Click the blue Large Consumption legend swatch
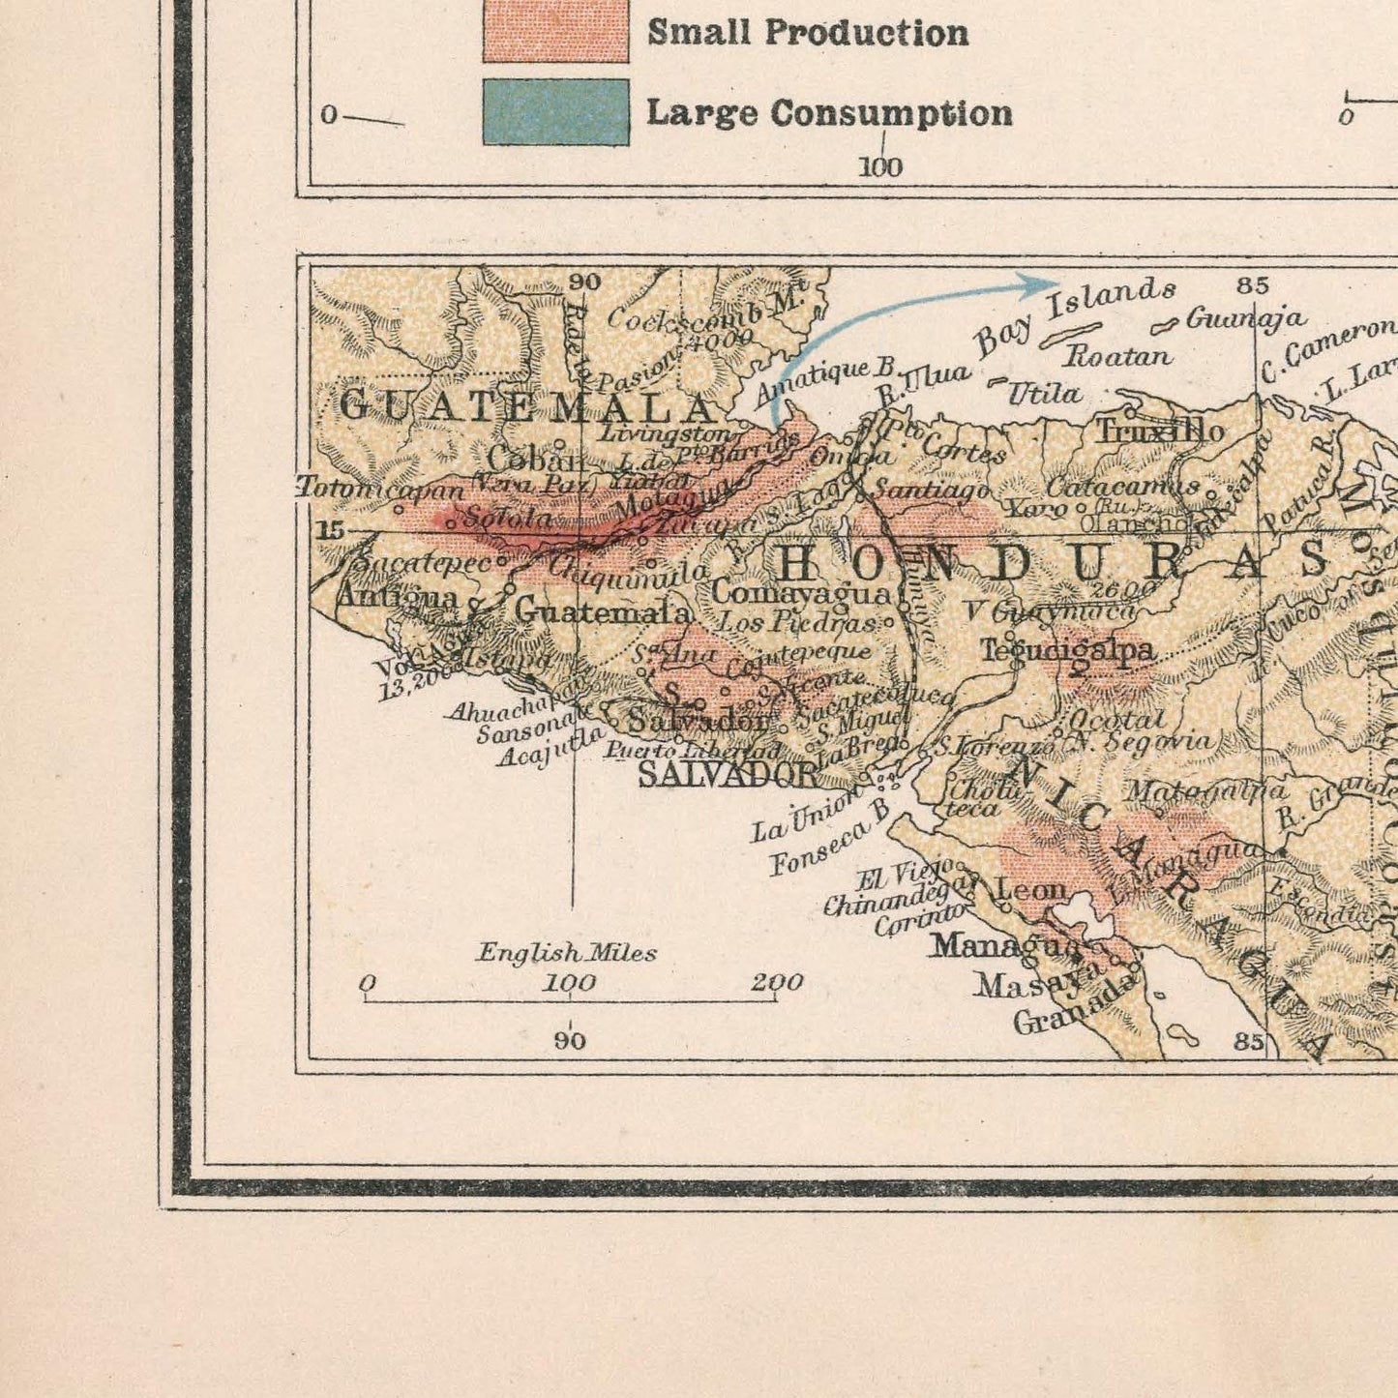click(555, 112)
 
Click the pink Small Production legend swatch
click(555, 31)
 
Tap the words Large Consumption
click(828, 113)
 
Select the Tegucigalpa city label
click(1068, 650)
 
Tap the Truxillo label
click(1159, 431)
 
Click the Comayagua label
click(801, 592)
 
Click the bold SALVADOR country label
click(728, 774)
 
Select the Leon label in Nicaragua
click(1030, 888)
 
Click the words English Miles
click(566, 953)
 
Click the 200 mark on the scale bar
click(777, 983)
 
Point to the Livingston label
click(663, 433)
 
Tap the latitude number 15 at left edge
click(330, 530)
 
